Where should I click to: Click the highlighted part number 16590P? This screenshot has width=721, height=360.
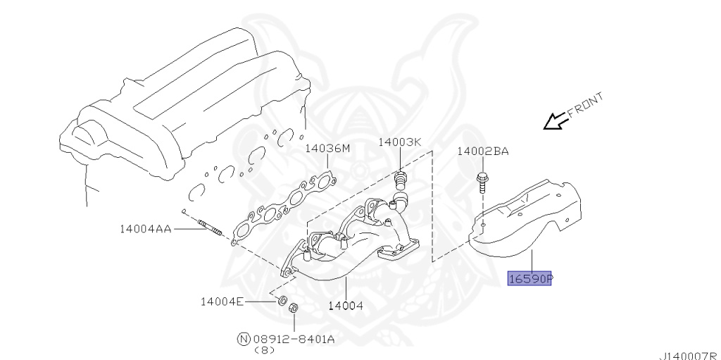pos(531,279)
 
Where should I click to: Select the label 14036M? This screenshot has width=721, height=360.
pos(327,149)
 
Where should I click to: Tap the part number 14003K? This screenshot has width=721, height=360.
pos(399,142)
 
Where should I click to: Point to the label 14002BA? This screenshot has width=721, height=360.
pos(482,151)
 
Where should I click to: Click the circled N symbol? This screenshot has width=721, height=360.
pos(244,339)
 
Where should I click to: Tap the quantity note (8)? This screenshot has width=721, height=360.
pos(265,349)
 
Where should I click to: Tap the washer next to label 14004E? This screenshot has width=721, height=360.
pos(281,302)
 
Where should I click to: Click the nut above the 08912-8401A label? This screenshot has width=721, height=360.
pos(295,308)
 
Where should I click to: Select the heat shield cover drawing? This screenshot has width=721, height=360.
pos(528,211)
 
